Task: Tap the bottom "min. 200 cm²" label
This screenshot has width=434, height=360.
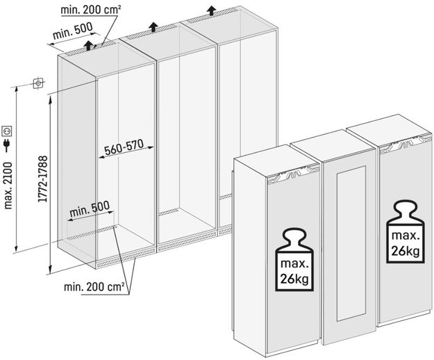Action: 94,286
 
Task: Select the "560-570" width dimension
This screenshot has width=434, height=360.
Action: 124,147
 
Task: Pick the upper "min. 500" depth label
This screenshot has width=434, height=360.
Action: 73,33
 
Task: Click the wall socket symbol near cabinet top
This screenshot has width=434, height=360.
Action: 37,84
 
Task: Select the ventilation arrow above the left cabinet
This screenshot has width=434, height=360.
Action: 89,45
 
